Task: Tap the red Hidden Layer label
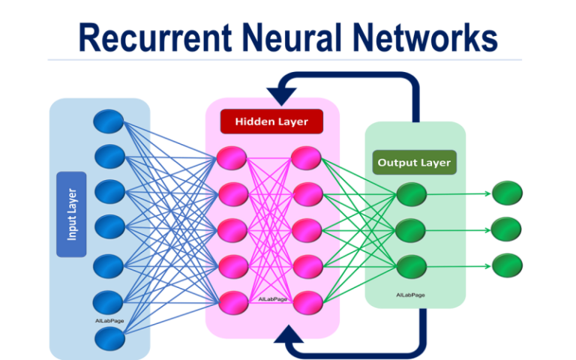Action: point(271,121)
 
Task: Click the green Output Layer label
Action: point(414,162)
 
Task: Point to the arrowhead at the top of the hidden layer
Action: point(283,94)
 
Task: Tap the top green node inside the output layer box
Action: point(412,194)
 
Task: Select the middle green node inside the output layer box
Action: point(412,229)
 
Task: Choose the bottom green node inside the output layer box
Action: point(412,264)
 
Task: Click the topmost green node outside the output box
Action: point(507,193)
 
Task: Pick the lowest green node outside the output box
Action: point(507,264)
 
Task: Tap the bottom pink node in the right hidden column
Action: point(306,301)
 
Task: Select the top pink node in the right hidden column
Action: point(306,158)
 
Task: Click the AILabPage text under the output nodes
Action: point(412,295)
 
